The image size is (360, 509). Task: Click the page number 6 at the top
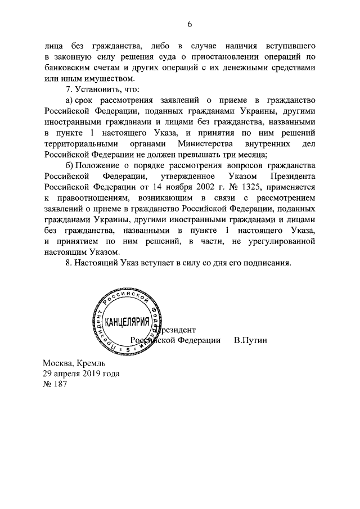190,24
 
